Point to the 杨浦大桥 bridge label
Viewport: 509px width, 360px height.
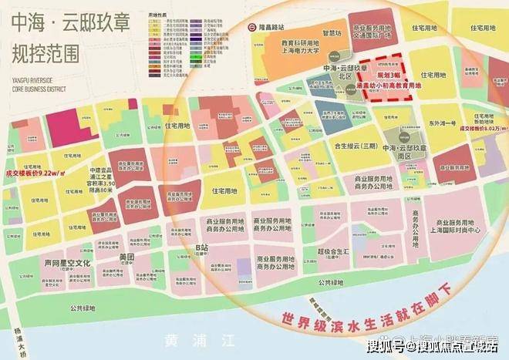[x=22, y=340]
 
